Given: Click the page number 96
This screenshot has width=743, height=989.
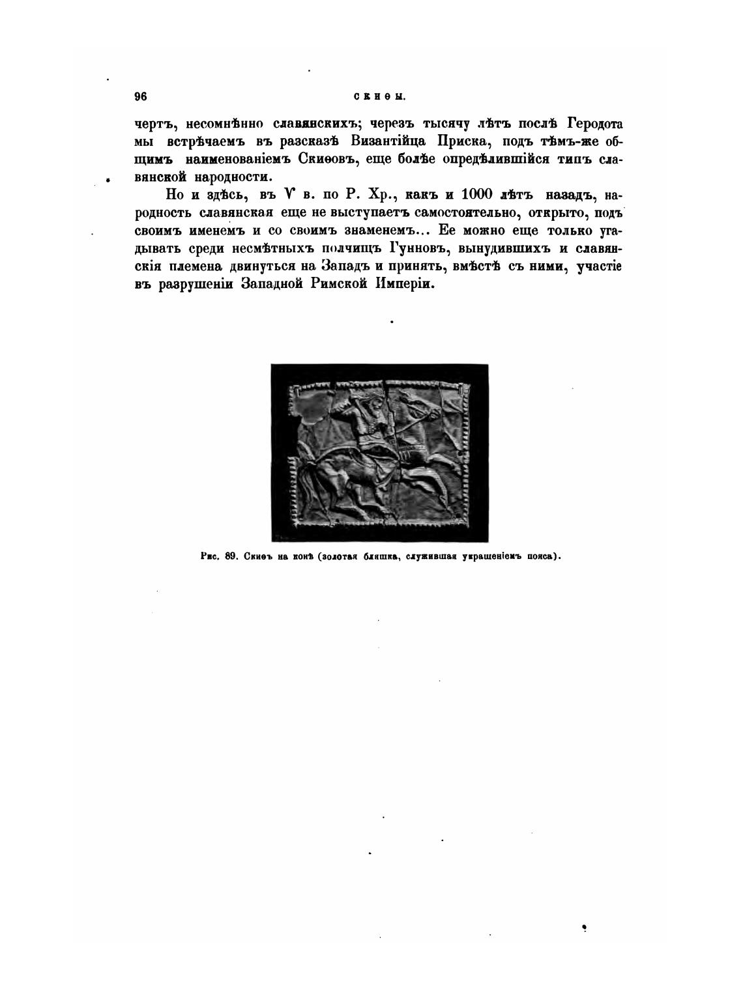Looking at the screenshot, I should (141, 97).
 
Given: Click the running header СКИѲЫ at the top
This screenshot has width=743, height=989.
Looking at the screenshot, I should (380, 98).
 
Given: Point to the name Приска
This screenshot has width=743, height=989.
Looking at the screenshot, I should (452, 141).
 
